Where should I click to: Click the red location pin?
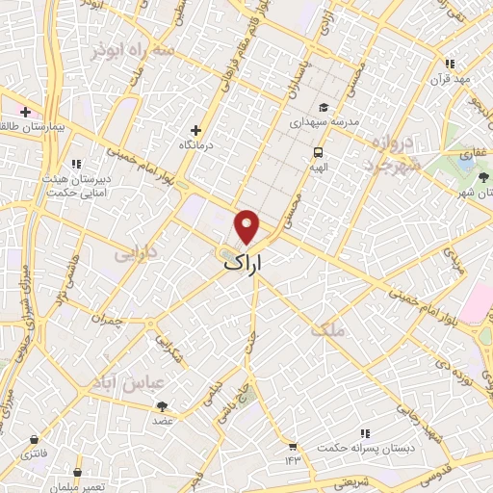pyautogui.click(x=247, y=226)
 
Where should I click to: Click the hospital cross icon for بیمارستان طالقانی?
pyautogui.click(x=24, y=112)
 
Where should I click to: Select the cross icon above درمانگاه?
pyautogui.click(x=195, y=130)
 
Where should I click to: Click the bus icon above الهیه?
pyautogui.click(x=317, y=152)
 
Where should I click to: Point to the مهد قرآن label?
pyautogui.click(x=449, y=78)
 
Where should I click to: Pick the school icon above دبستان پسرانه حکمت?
pyautogui.click(x=364, y=435)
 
